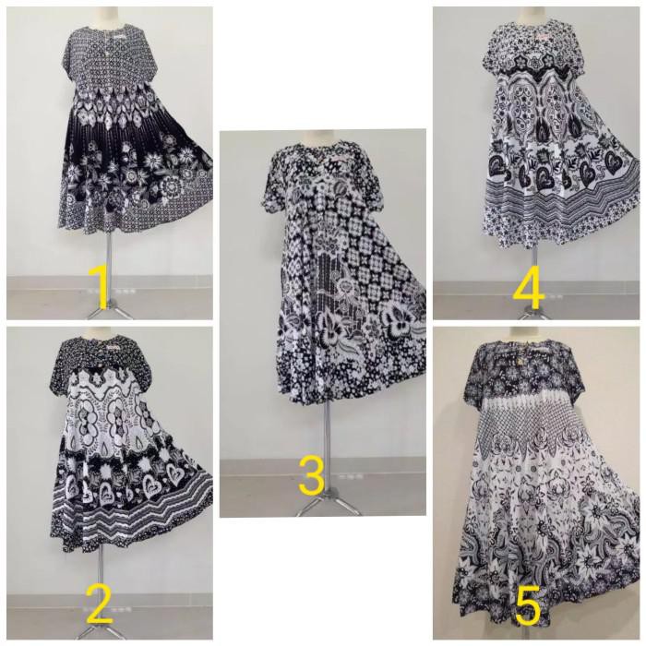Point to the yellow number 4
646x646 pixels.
(530, 288)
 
